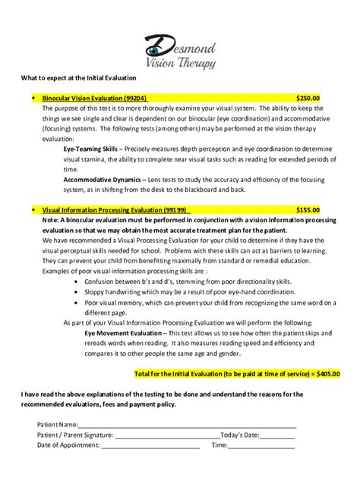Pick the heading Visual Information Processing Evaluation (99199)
coord(115,209)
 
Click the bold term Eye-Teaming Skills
coord(90,150)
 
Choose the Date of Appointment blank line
coord(155,446)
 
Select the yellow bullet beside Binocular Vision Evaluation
coord(34,98)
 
